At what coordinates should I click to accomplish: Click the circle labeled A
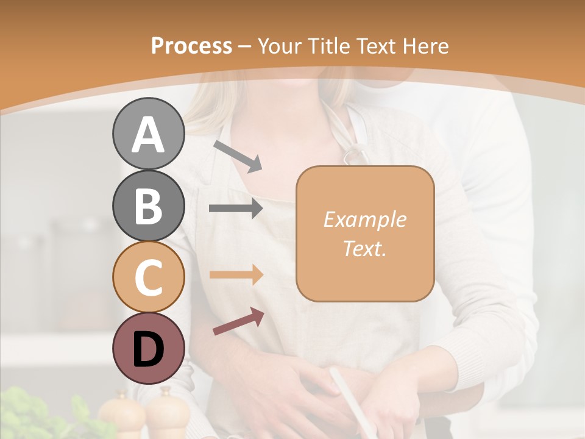click(148, 134)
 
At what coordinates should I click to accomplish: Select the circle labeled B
click(148, 205)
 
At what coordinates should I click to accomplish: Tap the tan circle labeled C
click(148, 277)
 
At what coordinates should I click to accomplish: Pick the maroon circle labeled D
click(148, 348)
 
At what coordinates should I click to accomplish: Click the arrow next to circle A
click(238, 156)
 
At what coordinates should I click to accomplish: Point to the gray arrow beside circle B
click(236, 209)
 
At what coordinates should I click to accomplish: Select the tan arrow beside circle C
click(236, 274)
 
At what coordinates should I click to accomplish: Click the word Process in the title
click(191, 46)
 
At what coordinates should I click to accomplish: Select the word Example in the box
click(364, 220)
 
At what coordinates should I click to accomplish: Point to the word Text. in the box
click(364, 248)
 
